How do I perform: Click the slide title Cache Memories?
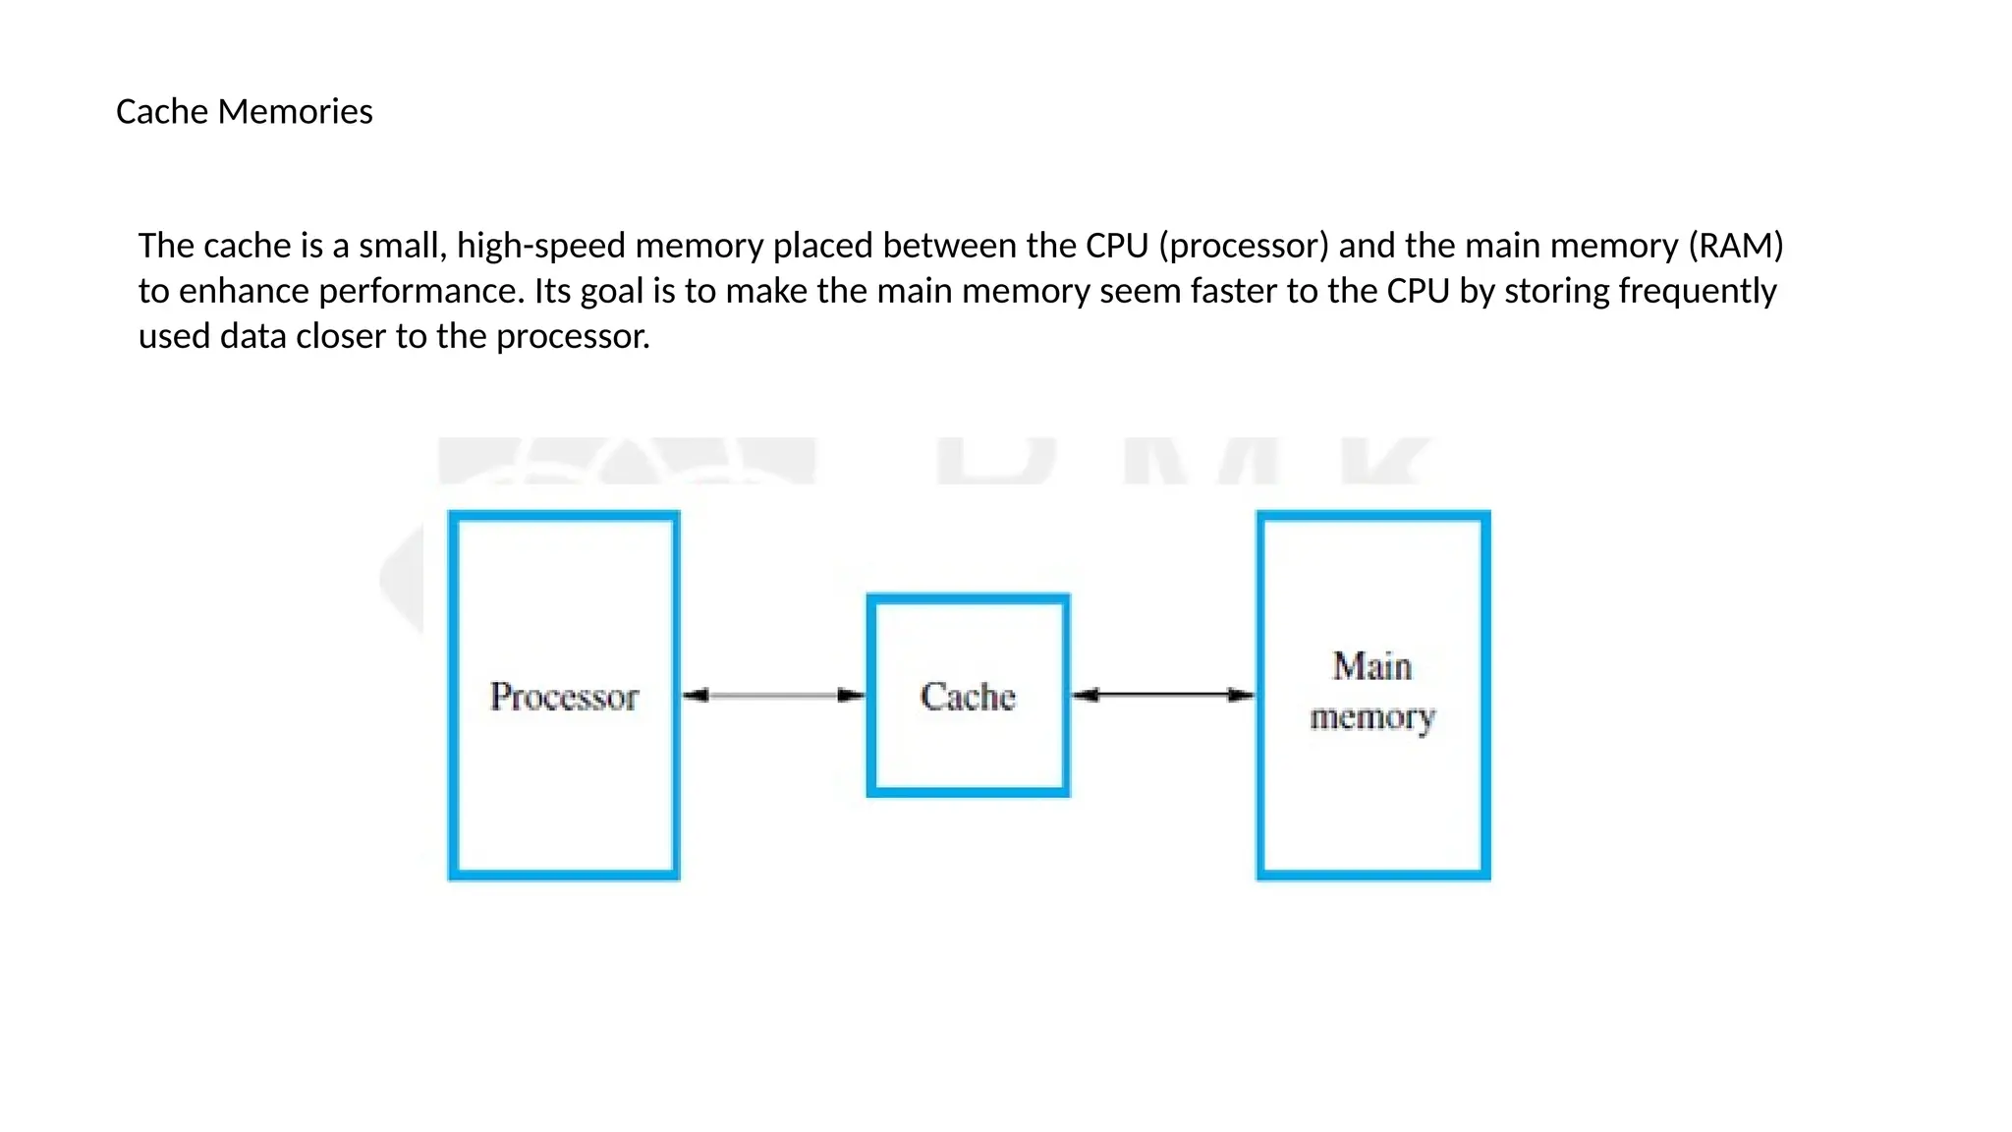click(x=244, y=112)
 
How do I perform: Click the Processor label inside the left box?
click(x=564, y=697)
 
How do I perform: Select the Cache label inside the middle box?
click(x=968, y=697)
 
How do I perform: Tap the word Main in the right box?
click(x=1372, y=666)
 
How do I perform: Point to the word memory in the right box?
click(x=1372, y=718)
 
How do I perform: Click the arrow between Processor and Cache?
click(x=773, y=696)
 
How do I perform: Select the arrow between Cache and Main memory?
click(x=1163, y=695)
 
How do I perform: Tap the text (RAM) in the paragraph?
click(x=1735, y=246)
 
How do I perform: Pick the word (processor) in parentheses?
click(x=1244, y=246)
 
